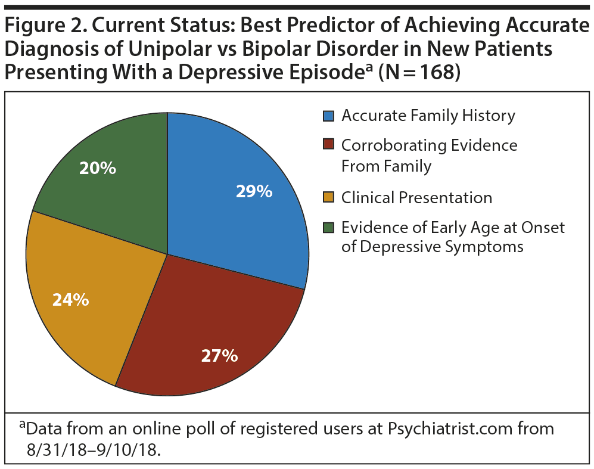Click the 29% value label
coord(253,191)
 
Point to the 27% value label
coord(219,356)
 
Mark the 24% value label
coord(70,299)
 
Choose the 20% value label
coord(98,169)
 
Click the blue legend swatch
coord(328,116)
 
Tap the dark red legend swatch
coord(328,145)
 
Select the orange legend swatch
coord(328,197)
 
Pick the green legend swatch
coord(328,227)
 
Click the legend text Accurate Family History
coord(428,116)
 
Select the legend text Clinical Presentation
coord(416,197)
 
